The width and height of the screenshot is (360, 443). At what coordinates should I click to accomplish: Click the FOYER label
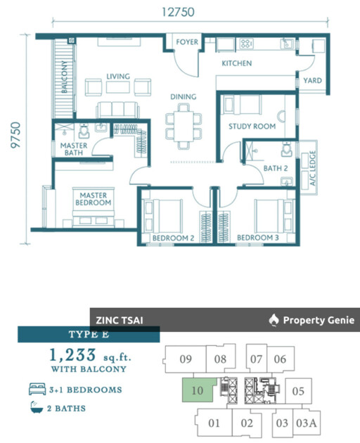click(187, 42)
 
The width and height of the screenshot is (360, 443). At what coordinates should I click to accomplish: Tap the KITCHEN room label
click(236, 63)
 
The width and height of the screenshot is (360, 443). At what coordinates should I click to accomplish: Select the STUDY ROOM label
click(252, 127)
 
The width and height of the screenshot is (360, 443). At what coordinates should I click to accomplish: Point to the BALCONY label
click(65, 77)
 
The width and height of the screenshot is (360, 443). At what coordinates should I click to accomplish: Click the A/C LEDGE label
click(312, 168)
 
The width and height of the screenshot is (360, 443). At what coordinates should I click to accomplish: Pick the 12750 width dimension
click(178, 12)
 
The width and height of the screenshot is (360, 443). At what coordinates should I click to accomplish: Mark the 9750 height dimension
click(15, 135)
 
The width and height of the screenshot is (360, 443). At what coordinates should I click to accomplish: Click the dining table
click(184, 126)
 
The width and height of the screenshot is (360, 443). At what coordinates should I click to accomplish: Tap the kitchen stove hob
click(246, 44)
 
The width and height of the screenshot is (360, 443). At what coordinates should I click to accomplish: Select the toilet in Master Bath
click(84, 131)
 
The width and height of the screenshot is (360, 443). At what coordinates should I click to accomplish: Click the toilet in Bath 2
click(287, 150)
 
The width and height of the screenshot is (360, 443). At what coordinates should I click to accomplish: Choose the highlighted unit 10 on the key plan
click(198, 390)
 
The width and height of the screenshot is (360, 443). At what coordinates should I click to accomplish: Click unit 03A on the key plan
click(307, 423)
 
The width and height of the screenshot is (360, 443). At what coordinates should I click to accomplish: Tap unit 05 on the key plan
click(298, 391)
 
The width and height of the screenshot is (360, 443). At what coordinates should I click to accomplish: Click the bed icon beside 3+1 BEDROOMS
click(37, 389)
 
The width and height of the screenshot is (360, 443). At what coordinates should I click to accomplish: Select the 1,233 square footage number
click(72, 355)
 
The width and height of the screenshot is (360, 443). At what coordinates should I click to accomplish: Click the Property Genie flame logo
click(274, 320)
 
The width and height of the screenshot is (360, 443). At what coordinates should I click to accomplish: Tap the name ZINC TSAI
click(120, 321)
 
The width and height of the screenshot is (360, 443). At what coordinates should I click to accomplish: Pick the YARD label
click(312, 81)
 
